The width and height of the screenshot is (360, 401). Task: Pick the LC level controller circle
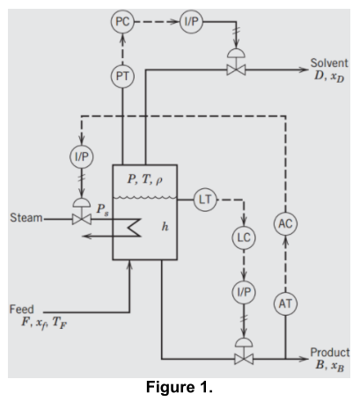click(x=243, y=237)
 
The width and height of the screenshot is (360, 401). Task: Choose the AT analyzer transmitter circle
click(x=284, y=303)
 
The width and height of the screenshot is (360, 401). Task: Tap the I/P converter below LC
click(x=243, y=290)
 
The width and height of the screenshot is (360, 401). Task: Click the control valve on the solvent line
click(x=236, y=68)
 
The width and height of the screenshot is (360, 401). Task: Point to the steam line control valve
click(x=81, y=215)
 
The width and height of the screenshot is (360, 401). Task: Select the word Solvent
click(x=330, y=63)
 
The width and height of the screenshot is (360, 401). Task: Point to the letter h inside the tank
click(x=165, y=226)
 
